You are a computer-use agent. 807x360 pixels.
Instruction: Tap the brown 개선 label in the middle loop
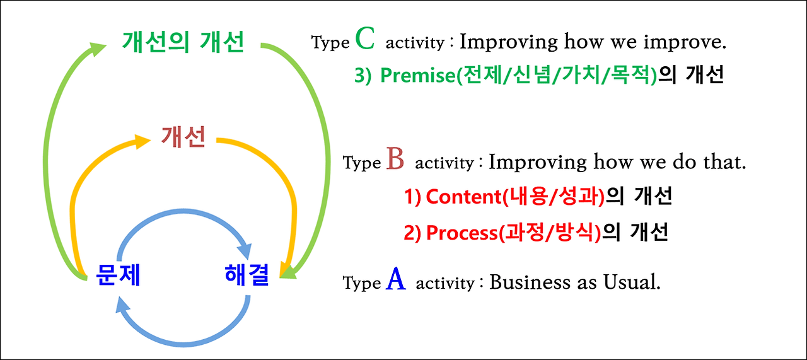183,137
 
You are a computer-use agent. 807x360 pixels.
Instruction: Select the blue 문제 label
118,275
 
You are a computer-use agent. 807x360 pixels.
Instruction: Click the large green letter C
365,39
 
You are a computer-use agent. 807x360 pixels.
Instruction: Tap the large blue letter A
396,279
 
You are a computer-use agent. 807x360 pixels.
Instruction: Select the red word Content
463,197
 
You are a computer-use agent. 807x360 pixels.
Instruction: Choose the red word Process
462,233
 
